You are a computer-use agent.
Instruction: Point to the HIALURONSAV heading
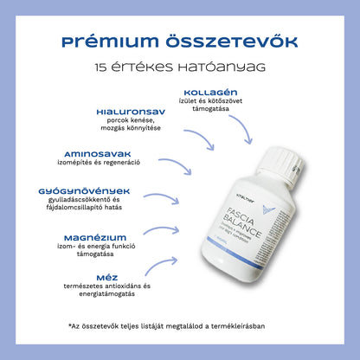pyautogui.click(x=130, y=112)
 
